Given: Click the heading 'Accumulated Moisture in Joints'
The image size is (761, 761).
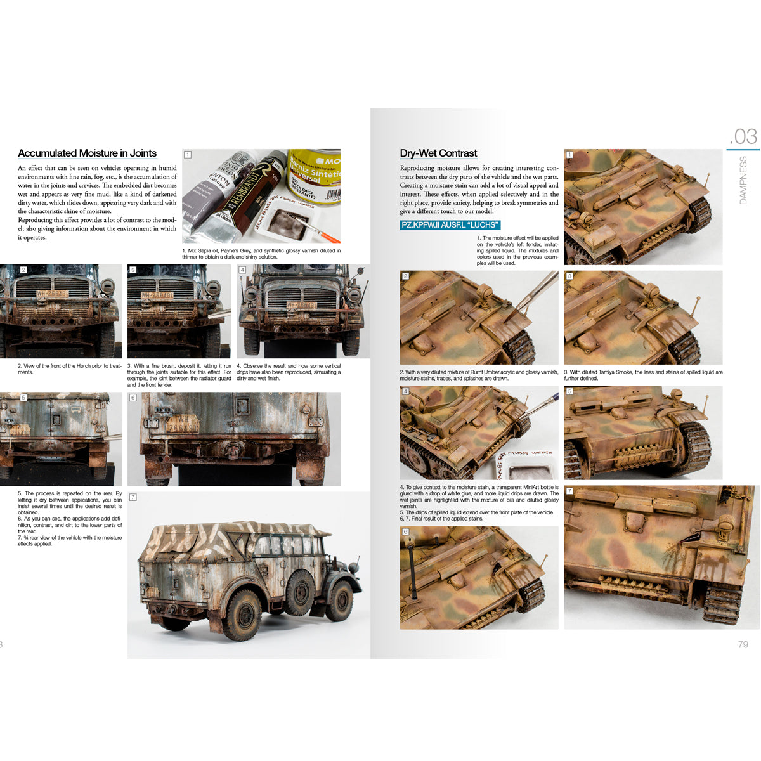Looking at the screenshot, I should [87, 153].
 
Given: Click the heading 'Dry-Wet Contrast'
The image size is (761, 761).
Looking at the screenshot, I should [438, 153].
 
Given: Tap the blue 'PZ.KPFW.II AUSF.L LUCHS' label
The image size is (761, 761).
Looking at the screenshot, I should [450, 225].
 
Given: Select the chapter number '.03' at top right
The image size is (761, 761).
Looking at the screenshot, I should [743, 136].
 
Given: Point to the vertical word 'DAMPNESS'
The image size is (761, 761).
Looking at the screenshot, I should [743, 180].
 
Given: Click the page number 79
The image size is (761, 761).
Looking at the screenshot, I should [743, 644].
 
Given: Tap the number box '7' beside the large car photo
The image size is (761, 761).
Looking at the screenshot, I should [133, 497].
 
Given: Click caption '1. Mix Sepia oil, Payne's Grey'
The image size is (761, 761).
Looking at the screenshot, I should [261, 254].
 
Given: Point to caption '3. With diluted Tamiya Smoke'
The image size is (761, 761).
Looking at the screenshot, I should [642, 375].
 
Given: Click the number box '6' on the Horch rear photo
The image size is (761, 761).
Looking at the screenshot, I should [133, 398].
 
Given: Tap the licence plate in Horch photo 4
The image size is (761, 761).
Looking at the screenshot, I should [301, 305].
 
